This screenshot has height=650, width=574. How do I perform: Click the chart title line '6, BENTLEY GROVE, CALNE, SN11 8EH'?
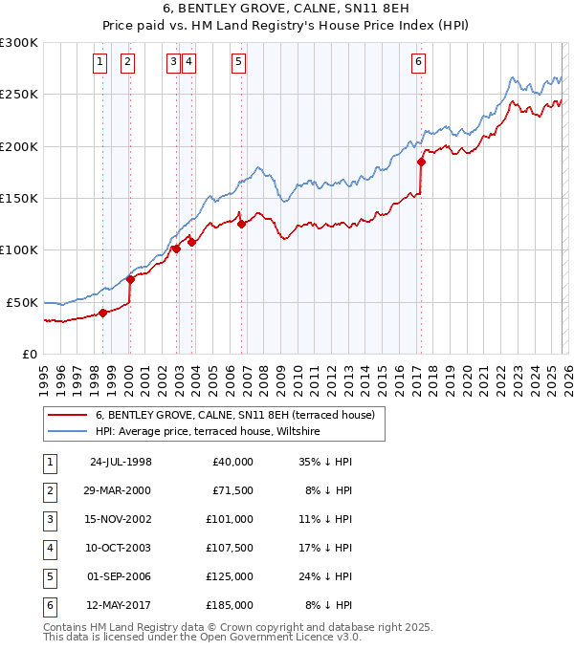(x=287, y=11)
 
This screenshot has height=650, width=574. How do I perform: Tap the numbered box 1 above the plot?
(x=99, y=63)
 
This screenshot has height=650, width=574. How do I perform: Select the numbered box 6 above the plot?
(x=419, y=63)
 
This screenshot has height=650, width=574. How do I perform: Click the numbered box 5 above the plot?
(x=238, y=63)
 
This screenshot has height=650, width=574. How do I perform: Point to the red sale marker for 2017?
(x=421, y=162)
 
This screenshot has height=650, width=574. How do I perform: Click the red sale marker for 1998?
(x=102, y=312)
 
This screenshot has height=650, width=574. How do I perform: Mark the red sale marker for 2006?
(x=241, y=224)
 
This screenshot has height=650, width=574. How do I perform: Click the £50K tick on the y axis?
(x=23, y=302)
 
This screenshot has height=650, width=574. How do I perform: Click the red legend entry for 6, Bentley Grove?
(x=240, y=415)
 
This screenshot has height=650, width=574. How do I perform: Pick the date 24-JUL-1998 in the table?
(x=121, y=462)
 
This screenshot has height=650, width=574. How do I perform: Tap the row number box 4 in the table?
(x=49, y=548)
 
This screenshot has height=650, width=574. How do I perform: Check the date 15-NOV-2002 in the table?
(x=121, y=519)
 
